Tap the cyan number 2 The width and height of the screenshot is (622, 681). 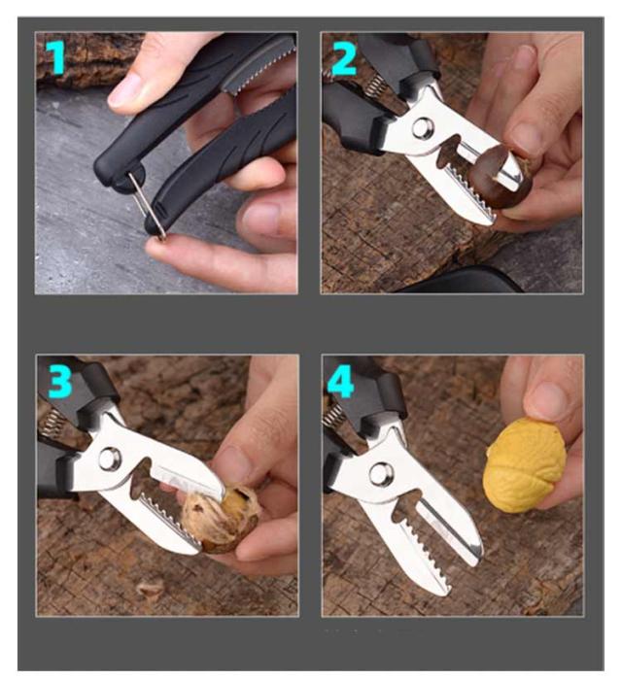[x=344, y=59]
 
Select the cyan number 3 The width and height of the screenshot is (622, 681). [x=59, y=382]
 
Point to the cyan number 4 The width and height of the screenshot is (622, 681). [x=340, y=382]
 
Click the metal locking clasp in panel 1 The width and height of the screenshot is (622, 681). [x=147, y=203]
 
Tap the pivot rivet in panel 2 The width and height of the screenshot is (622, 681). [x=423, y=128]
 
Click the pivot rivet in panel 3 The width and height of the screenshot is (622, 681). [x=109, y=460]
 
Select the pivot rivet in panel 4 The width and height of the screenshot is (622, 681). [x=381, y=474]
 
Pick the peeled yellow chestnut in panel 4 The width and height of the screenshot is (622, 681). [x=525, y=465]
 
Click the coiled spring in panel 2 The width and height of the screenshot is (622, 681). [x=373, y=85]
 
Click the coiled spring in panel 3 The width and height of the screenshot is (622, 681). [x=54, y=421]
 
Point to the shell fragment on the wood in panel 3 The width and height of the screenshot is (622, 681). [x=149, y=588]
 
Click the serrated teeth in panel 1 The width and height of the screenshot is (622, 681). [x=260, y=69]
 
